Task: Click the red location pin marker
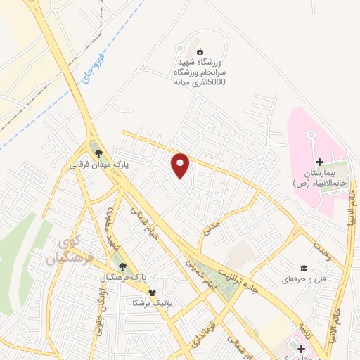point(181,165)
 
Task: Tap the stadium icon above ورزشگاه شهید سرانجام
point(200,51)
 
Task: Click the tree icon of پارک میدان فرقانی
point(98,153)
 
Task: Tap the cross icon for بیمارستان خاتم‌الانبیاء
point(319,162)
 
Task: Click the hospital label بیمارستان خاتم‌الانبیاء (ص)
point(316,178)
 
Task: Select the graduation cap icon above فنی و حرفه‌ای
point(304,268)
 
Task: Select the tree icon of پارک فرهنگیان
point(123,266)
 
